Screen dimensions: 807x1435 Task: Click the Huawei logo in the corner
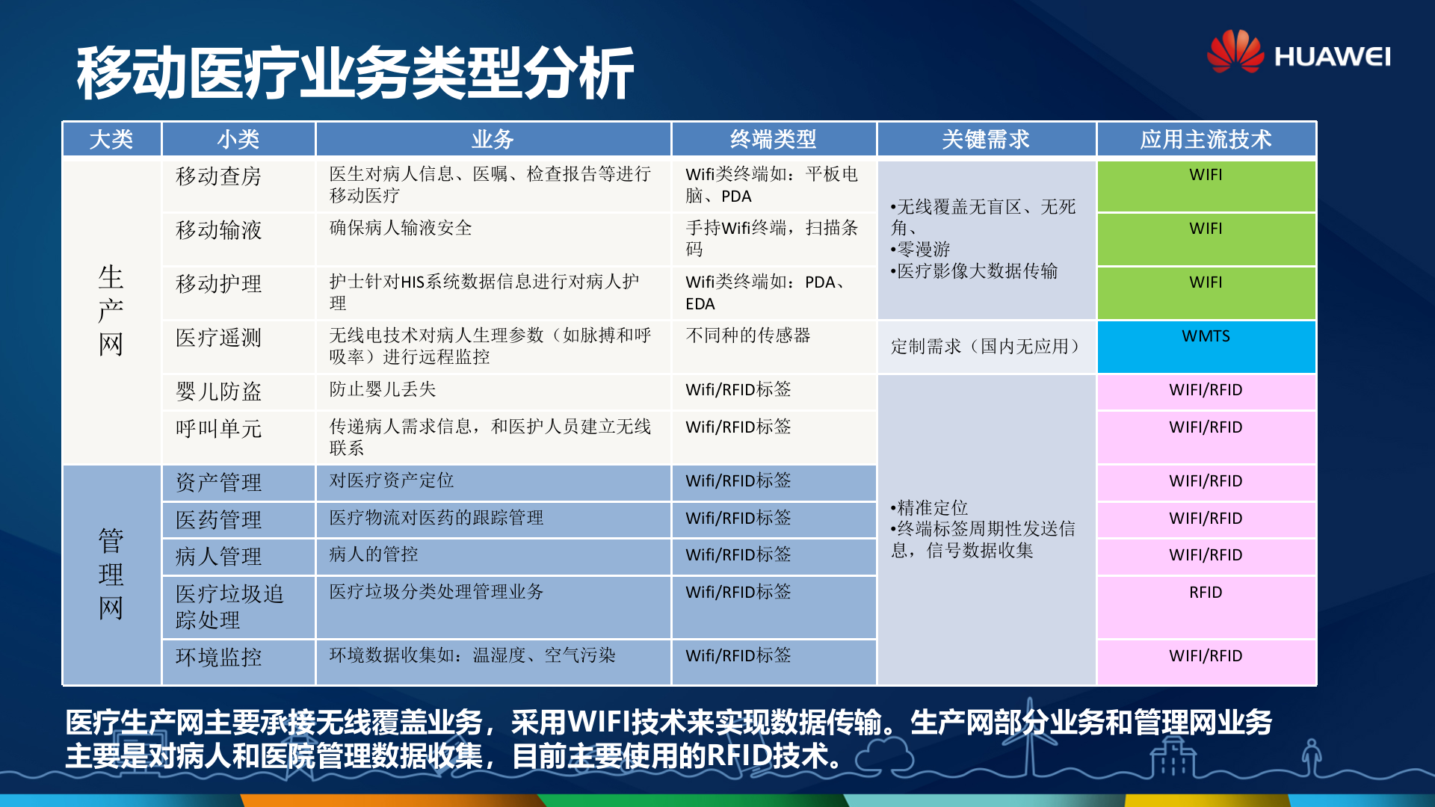[1298, 52]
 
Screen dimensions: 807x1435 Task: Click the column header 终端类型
[773, 139]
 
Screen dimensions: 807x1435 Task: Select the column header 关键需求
[985, 139]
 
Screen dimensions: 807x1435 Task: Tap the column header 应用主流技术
[1205, 139]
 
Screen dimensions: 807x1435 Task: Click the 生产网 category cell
[111, 311]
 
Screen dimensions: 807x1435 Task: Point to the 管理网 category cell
[111, 574]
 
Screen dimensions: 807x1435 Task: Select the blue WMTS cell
[1206, 346]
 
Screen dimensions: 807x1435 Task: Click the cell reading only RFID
[1206, 605]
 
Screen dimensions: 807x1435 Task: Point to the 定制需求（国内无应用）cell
[985, 347]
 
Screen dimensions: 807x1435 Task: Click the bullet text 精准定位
[932, 508]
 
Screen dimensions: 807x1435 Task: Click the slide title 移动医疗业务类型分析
[355, 73]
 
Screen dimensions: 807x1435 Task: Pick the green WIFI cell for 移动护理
[1206, 291]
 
